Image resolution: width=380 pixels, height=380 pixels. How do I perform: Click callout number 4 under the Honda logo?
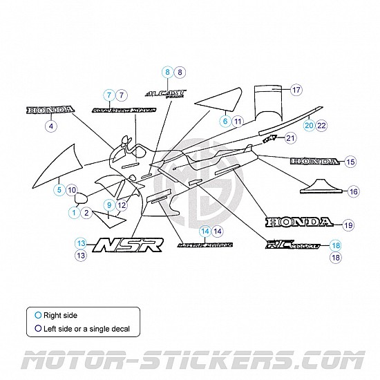click(50, 126)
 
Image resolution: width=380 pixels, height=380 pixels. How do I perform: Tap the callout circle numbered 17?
click(296, 91)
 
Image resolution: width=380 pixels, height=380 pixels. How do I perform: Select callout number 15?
click(350, 162)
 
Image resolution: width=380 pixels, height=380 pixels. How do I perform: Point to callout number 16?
click(353, 191)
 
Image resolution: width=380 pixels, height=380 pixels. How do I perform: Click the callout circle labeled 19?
click(347, 225)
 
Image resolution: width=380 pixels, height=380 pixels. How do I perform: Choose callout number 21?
click(289, 138)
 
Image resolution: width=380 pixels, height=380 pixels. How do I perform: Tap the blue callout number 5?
click(59, 189)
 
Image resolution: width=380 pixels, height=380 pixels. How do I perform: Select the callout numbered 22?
click(321, 125)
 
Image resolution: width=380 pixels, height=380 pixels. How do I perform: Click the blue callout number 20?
click(309, 125)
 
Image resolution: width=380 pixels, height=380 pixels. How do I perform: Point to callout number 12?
click(121, 205)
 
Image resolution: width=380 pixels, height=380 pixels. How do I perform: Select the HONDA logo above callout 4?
click(50, 111)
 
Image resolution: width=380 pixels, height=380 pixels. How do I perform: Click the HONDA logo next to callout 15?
click(315, 162)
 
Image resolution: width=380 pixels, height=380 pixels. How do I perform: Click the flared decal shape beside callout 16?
click(321, 184)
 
